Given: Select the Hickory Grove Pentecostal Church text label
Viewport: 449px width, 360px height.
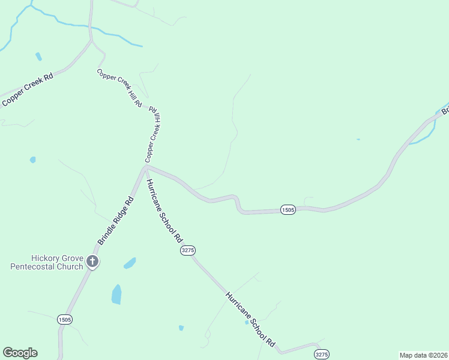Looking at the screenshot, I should [47, 262].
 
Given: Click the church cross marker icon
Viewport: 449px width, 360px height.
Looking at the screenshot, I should [92, 261].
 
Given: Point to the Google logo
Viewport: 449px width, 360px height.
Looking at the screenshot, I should [20, 353].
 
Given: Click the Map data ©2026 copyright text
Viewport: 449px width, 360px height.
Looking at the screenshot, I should [423, 355].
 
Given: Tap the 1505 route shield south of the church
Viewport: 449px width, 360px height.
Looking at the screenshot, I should [65, 320].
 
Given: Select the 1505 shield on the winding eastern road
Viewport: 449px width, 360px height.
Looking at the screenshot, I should [288, 209].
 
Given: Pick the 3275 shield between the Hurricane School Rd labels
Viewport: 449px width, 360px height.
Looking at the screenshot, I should [188, 250].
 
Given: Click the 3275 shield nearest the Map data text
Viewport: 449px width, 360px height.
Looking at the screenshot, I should [321, 355].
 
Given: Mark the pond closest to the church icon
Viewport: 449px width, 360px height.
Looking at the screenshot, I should [129, 263].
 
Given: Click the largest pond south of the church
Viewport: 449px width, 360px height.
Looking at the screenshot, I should [116, 294].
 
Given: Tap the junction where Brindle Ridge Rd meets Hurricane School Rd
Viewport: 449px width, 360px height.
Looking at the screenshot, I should [145, 167].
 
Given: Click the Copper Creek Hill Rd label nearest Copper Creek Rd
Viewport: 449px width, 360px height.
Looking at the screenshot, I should [119, 88].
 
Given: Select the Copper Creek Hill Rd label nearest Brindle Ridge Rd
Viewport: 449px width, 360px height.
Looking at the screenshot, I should [154, 135].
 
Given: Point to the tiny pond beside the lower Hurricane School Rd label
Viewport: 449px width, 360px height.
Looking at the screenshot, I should [246, 322].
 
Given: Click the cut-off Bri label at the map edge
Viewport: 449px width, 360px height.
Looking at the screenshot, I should [445, 110].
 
